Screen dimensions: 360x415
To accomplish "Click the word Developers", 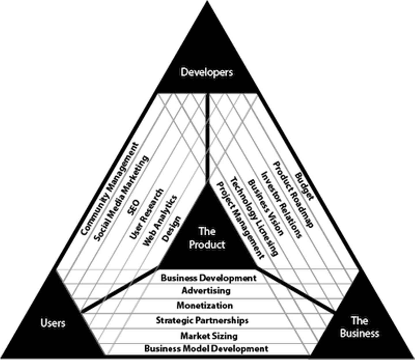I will click(x=207, y=72).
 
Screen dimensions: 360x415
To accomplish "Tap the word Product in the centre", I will click(x=207, y=245).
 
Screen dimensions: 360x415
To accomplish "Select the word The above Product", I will click(x=207, y=231).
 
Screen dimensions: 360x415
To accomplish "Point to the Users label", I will click(x=53, y=323).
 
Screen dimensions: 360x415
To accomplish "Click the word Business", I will click(x=359, y=333).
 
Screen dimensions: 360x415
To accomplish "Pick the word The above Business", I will click(x=359, y=321).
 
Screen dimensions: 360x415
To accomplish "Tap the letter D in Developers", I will click(x=184, y=72).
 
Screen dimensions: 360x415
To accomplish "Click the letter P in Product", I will click(x=192, y=245).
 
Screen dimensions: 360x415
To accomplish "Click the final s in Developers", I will click(x=231, y=73).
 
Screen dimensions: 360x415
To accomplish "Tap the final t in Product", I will click(x=223, y=245).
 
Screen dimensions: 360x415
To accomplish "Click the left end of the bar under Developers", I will click(x=159, y=94).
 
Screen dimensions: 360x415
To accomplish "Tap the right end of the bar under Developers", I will click(x=256, y=94).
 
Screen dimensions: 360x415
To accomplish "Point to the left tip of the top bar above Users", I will click(x=57, y=270).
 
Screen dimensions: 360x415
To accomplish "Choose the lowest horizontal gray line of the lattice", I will click(x=207, y=344).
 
